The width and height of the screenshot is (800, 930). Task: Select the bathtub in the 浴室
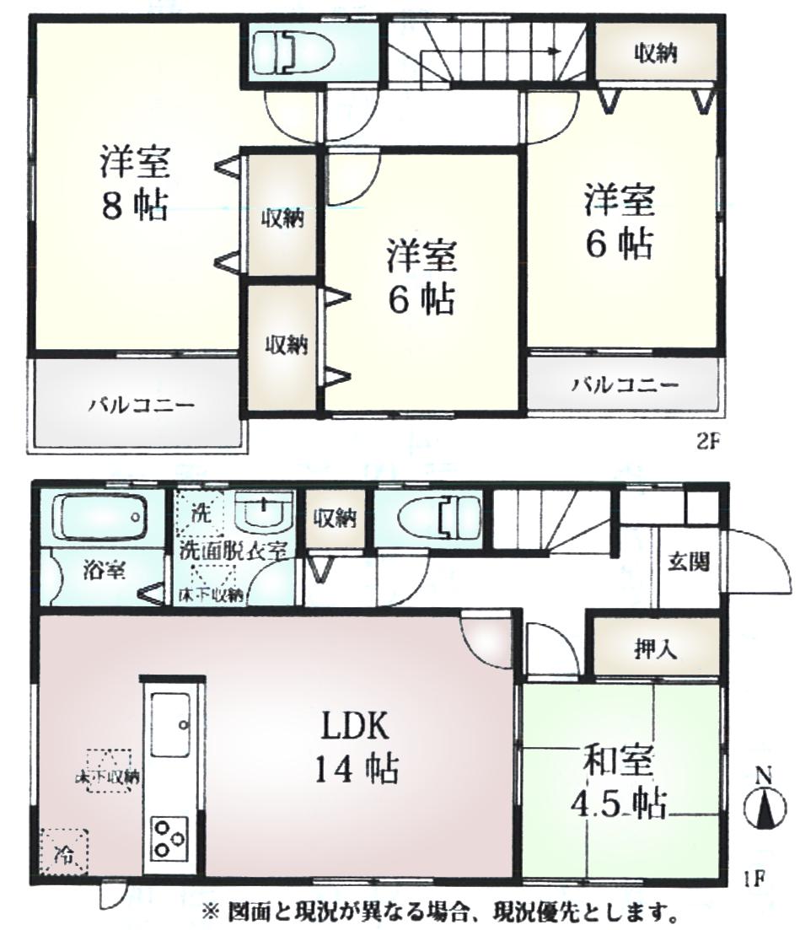99,517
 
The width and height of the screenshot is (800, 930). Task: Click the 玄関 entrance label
689,562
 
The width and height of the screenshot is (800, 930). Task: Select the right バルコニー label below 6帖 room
625,385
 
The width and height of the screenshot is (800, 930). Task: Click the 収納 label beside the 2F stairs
655,52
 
